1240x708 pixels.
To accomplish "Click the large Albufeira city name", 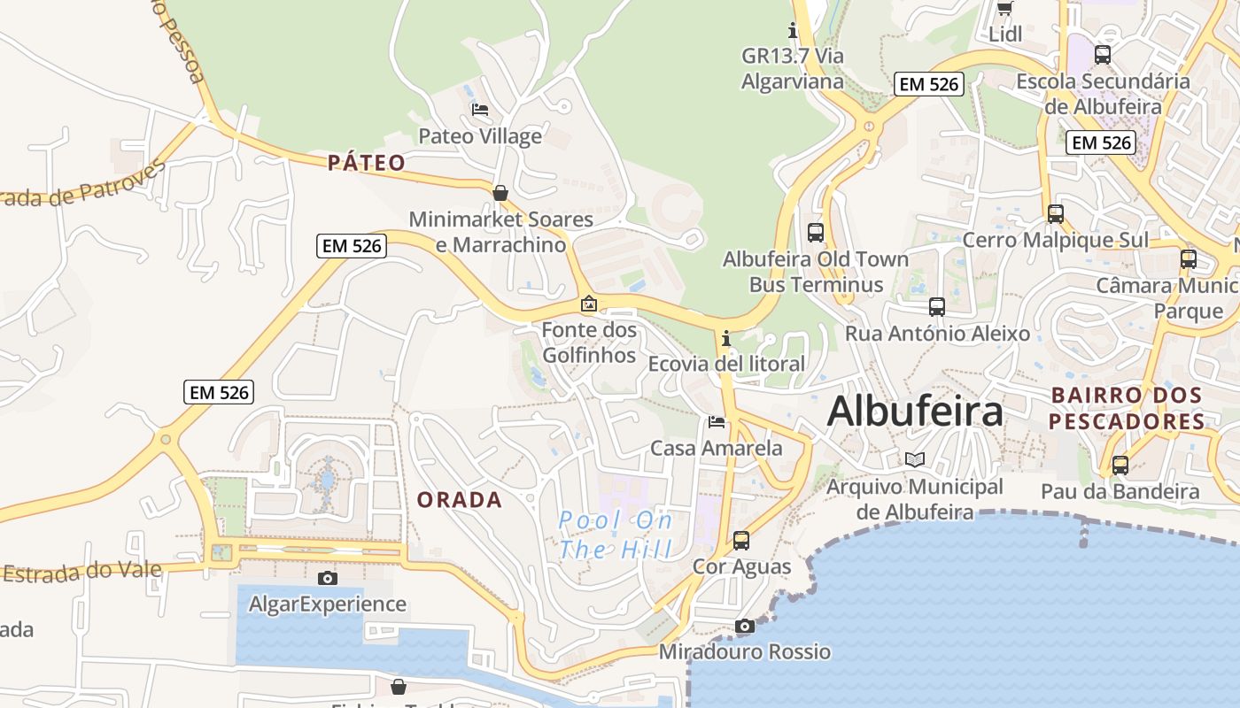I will tap(915, 412).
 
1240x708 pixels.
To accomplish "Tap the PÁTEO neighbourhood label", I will tap(367, 163).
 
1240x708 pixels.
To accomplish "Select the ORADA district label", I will tap(460, 500).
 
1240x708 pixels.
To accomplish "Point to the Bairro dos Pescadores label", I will tap(1127, 408).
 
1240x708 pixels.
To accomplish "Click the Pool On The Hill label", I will tap(616, 535).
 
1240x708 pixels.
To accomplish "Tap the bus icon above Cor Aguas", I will tap(741, 540).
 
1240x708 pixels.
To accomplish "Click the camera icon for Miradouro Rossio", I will tap(745, 627).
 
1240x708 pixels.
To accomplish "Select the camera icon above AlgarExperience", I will tap(328, 578).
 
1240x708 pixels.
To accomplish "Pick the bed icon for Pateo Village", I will tap(480, 110).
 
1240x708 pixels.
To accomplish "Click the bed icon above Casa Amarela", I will tap(717, 421).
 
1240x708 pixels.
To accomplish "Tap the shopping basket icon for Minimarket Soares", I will tap(500, 193).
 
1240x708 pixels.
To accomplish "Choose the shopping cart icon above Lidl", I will tap(1005, 8).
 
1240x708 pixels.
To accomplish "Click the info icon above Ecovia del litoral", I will tap(726, 338).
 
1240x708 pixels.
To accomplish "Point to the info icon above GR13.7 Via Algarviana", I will tap(793, 31).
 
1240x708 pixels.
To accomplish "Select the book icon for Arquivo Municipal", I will tap(915, 460).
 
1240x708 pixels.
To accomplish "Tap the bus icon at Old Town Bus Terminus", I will tap(816, 233).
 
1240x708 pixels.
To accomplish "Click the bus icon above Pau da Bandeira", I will tap(1120, 465).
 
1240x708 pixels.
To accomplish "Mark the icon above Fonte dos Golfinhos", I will tap(589, 304).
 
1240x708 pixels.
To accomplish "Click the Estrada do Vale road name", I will tap(82, 571).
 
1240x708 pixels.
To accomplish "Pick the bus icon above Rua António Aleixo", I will tap(937, 307).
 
